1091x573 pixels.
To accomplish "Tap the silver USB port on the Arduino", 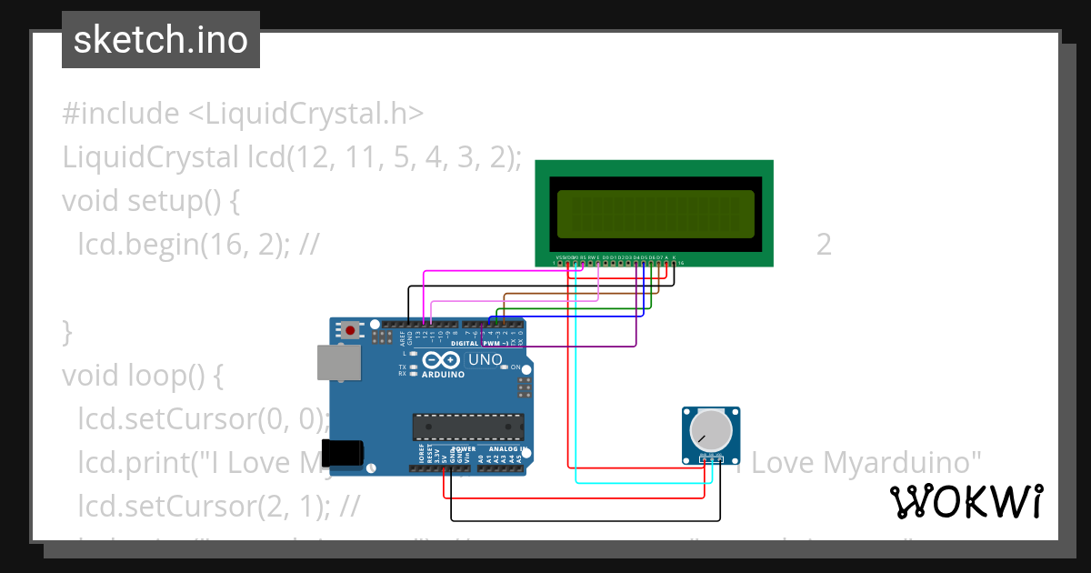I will pyautogui.click(x=338, y=362).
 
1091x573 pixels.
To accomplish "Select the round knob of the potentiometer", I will pyautogui.click(x=710, y=429).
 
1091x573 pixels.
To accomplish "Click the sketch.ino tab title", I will pyautogui.click(x=161, y=40).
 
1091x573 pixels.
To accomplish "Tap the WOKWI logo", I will pyautogui.click(x=966, y=501).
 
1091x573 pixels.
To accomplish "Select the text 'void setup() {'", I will pyautogui.click(x=150, y=200).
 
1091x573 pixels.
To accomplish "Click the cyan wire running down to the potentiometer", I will pyautogui.click(x=576, y=382).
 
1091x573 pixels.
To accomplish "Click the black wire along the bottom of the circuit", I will pyautogui.click(x=582, y=520).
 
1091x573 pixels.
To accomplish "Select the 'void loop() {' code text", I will pyautogui.click(x=141, y=375).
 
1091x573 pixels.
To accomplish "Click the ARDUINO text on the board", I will pyautogui.click(x=442, y=374).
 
